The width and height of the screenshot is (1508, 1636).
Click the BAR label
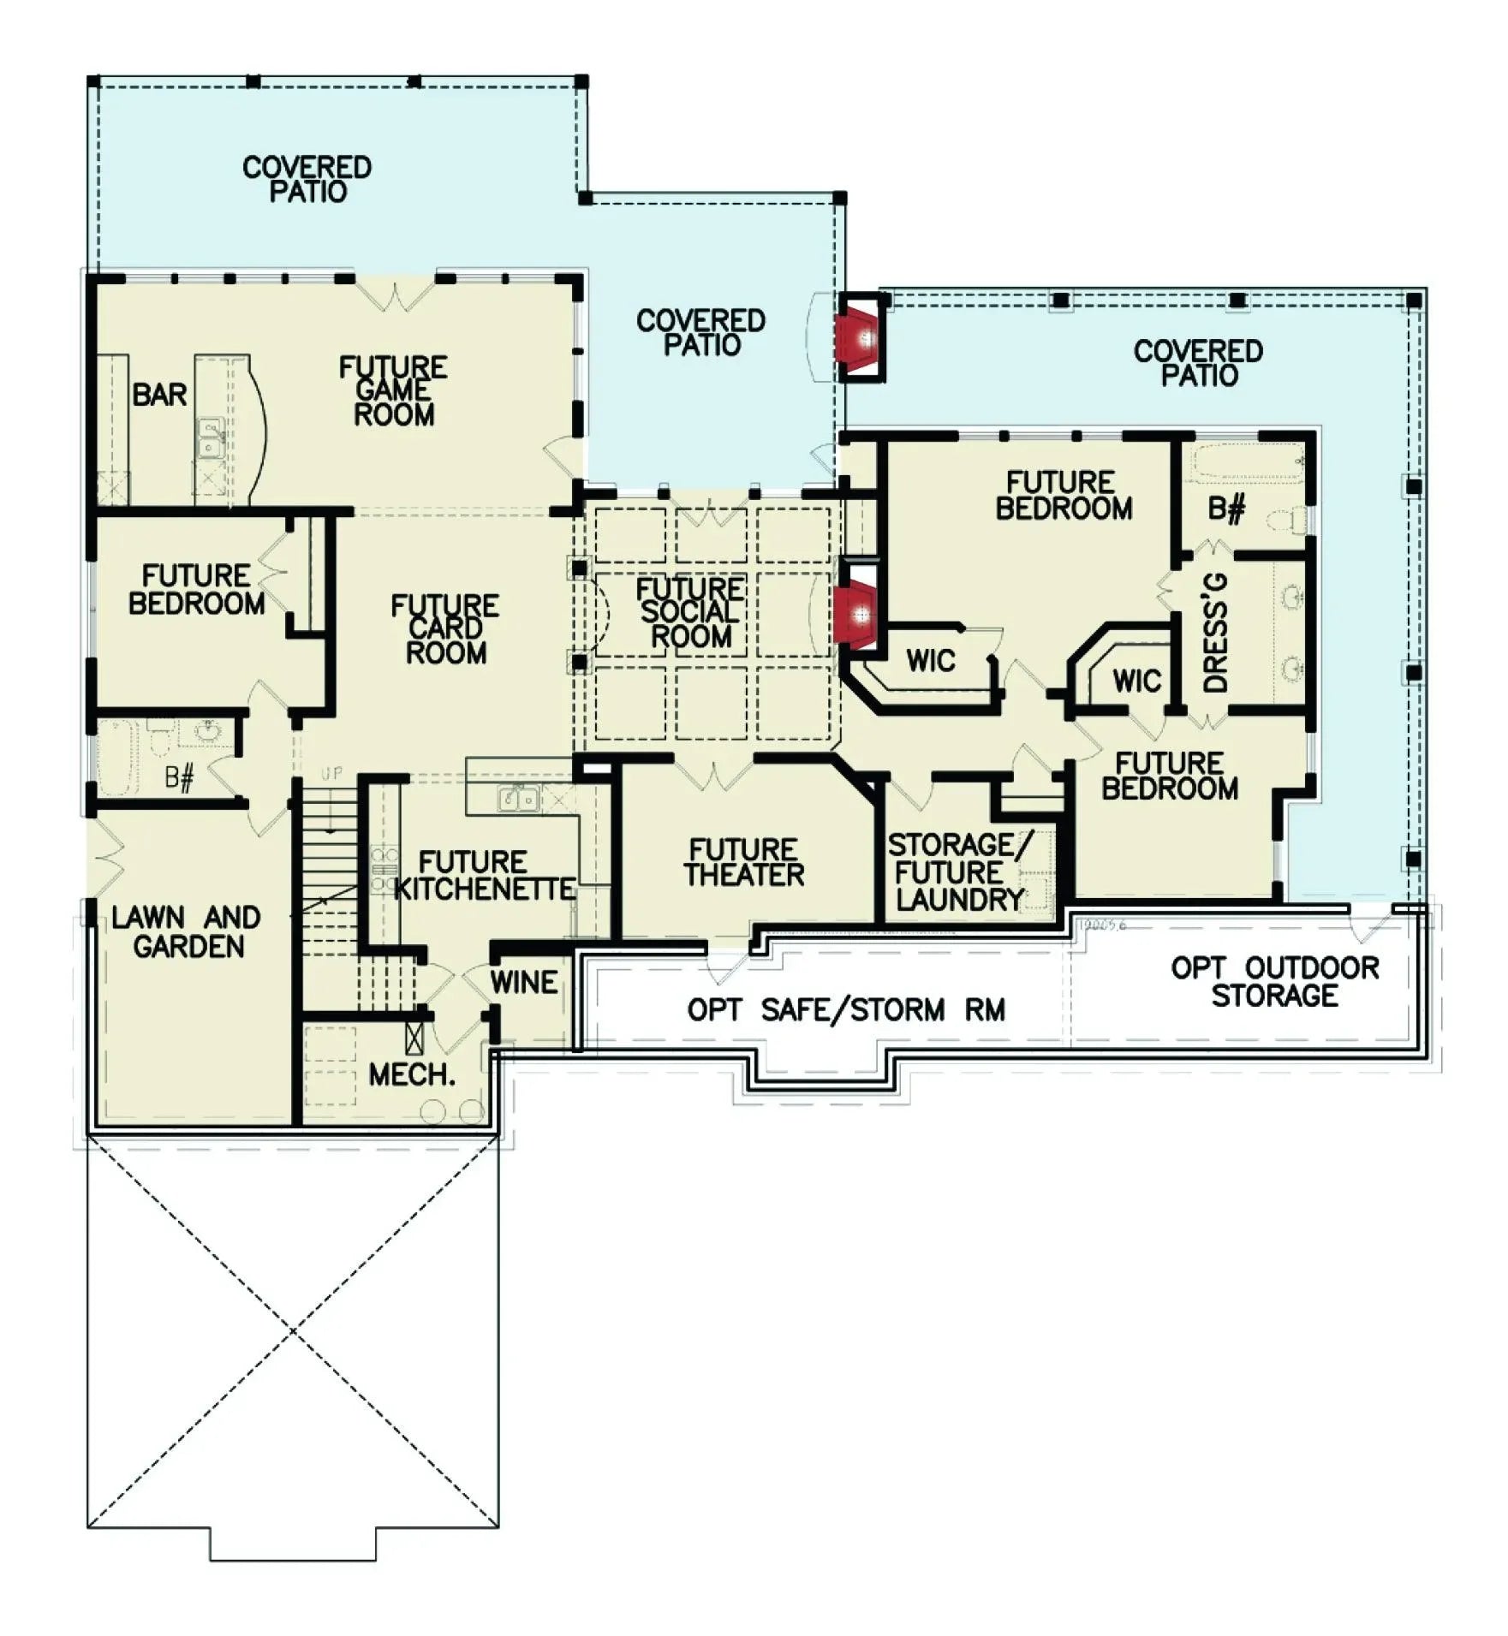[x=159, y=396]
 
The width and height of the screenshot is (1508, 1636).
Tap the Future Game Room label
[x=393, y=391]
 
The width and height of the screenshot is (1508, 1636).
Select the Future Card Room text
[x=444, y=629]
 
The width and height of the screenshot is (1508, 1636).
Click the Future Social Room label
[x=689, y=613]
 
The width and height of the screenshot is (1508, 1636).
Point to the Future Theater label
[x=743, y=862]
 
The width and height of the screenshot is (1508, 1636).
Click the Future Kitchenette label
[x=484, y=875]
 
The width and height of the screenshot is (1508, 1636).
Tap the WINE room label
[x=524, y=982]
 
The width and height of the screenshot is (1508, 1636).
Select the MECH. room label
[x=411, y=1074]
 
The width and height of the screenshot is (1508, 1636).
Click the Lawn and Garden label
[x=187, y=932]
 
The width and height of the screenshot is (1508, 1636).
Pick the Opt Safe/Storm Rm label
[x=845, y=1009]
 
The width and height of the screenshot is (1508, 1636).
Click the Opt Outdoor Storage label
[x=1274, y=981]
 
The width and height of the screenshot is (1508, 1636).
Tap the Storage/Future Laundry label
[x=959, y=872]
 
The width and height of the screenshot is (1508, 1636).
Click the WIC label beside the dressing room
[x=1136, y=681]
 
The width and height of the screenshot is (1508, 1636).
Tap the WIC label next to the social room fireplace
[x=930, y=661]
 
